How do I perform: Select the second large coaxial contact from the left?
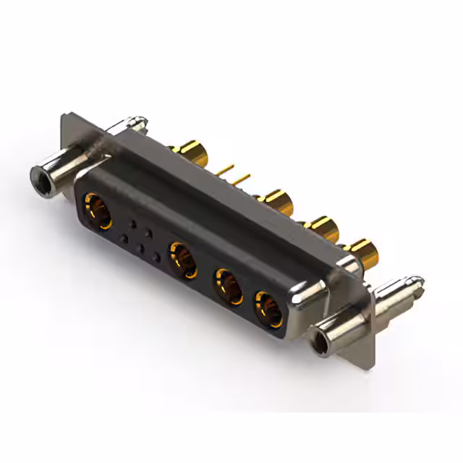pos(182,260)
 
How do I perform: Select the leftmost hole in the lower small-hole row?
pos(124,239)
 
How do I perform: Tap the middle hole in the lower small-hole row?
pos(141,248)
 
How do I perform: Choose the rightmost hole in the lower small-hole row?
pos(157,257)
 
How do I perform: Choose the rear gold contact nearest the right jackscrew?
pos(366,252)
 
